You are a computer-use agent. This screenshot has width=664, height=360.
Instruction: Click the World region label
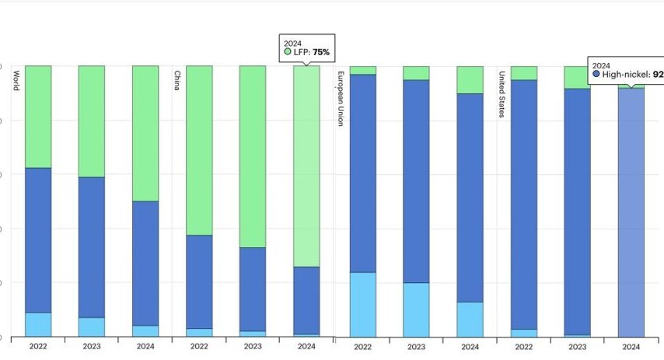(16, 82)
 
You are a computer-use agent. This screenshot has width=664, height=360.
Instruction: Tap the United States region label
(501, 95)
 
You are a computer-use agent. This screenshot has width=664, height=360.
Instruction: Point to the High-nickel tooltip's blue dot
(596, 75)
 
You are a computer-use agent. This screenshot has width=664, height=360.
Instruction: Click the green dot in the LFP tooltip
(288, 52)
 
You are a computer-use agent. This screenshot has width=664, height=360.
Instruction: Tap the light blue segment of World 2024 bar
(145, 331)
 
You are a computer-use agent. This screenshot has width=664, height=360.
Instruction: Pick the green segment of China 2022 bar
(199, 150)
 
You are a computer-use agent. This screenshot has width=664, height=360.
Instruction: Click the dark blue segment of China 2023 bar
(253, 288)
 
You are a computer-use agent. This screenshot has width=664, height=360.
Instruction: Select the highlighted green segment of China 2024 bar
(306, 166)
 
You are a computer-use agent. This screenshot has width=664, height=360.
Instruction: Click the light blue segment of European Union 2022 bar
(363, 304)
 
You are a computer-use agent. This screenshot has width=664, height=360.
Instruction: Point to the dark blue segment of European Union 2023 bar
(416, 180)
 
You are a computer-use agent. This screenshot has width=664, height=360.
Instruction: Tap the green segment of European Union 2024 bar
(470, 79)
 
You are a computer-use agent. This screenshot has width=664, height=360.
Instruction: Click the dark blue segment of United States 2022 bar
(523, 204)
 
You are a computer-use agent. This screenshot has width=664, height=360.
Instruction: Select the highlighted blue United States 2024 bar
(631, 211)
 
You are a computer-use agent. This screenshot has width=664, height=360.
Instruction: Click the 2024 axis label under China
(306, 347)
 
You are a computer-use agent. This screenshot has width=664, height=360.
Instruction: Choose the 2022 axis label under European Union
(363, 347)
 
